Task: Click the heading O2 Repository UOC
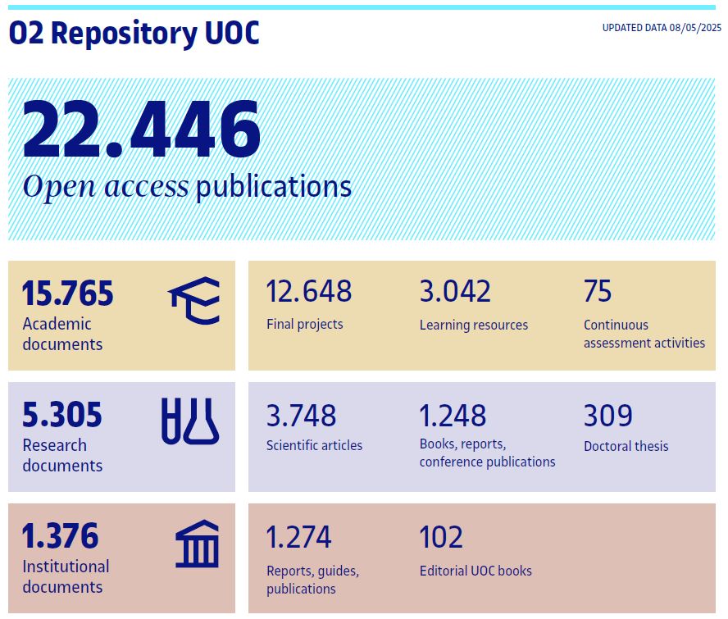[134, 33]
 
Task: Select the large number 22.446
[141, 130]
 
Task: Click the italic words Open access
[106, 187]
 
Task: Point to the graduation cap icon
[194, 300]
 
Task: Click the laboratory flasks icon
[190, 421]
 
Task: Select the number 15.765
[67, 294]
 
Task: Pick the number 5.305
[62, 415]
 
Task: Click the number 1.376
[60, 536]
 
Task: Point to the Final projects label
[305, 324]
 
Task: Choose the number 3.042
[455, 292]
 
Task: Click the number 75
[598, 292]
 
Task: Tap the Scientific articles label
[314, 446]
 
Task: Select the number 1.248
[453, 416]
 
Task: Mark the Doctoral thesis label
[626, 446]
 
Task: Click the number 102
[441, 538]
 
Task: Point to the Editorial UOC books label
[475, 571]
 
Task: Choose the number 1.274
[298, 538]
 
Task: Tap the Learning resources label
[474, 325]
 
